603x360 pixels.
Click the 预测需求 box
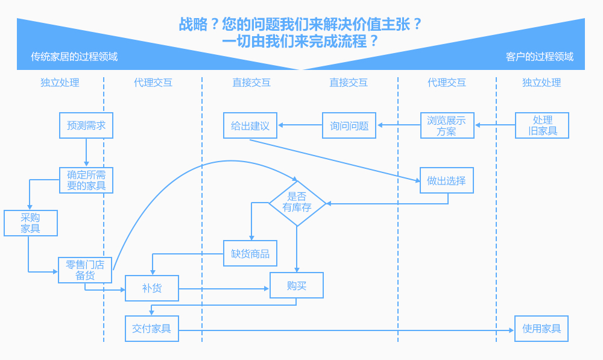coord(86,125)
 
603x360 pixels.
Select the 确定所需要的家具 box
coord(86,180)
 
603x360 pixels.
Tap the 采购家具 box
coord(31,223)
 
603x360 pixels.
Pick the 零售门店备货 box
coord(85,270)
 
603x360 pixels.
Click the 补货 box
coord(152,288)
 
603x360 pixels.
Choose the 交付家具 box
coord(152,329)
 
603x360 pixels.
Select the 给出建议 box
coord(250,125)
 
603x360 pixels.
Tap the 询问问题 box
coord(349,125)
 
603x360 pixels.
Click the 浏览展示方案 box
coord(447,125)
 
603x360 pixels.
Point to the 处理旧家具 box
coord(541,125)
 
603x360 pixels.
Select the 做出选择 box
coord(447,180)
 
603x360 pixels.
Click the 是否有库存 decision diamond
coord(297,204)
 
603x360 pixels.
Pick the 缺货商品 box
coord(250,253)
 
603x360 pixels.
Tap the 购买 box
coord(297,285)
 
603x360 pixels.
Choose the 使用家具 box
coord(541,329)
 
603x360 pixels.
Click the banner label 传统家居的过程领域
coord(74,57)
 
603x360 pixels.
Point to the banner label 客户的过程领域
coord(540,57)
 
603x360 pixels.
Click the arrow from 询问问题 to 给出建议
coord(300,125)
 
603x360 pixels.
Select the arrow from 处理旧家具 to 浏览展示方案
coord(494,125)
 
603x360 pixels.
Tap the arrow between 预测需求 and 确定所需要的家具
coord(86,153)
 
